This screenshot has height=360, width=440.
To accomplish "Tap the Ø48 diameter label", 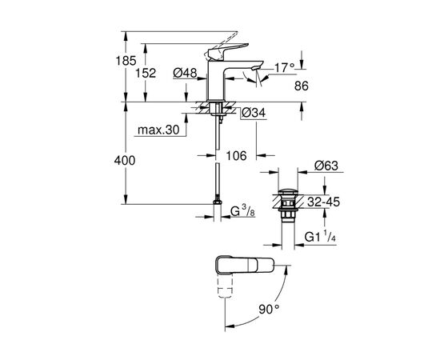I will click(186, 74).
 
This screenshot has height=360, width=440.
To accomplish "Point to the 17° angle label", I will click(285, 68).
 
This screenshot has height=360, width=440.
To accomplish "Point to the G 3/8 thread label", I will click(243, 213).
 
